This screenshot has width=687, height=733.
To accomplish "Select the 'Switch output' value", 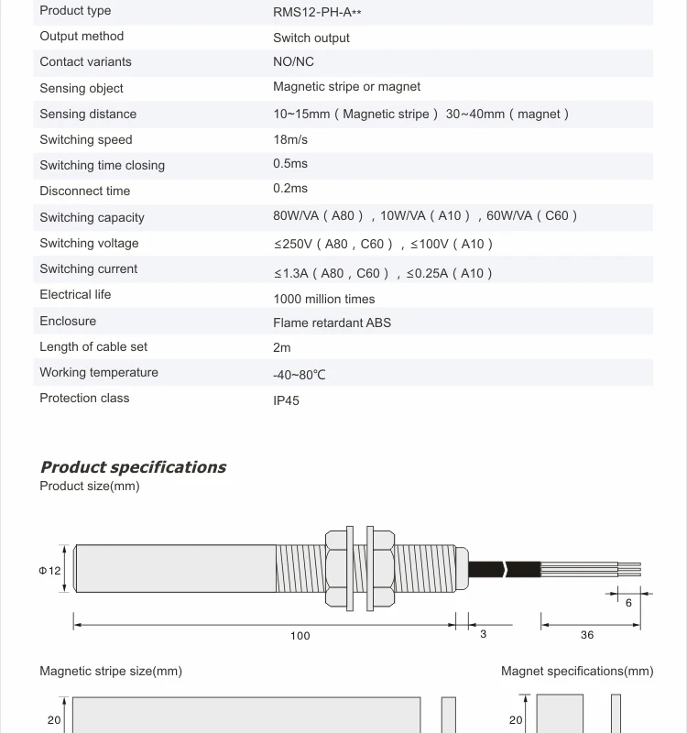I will (311, 38).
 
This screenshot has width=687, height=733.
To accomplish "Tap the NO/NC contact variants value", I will (293, 62).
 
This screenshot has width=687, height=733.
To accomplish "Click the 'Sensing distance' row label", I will (88, 115).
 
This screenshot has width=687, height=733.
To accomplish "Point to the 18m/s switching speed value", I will (290, 140).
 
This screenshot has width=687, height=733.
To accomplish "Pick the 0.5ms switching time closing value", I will (290, 164).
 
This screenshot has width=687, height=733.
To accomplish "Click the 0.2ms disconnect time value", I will (290, 189).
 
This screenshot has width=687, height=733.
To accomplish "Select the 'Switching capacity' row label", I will (92, 218).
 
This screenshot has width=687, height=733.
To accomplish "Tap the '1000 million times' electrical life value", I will (323, 300).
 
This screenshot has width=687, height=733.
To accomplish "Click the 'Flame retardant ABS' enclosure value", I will (332, 323).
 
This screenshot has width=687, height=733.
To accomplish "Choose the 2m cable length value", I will (281, 348).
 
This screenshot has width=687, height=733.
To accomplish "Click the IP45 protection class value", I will (286, 401).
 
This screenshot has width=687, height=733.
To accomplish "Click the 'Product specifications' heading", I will (133, 467).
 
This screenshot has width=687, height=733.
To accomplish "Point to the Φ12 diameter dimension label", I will (49, 571).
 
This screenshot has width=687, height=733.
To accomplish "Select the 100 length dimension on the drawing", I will (300, 636).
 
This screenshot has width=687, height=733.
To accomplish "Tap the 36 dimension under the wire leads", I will (587, 635).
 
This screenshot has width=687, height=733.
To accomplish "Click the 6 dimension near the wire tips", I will (628, 603).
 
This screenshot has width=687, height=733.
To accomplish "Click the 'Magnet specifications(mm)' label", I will (577, 672).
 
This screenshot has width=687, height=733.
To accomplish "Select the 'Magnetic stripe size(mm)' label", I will (111, 672).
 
